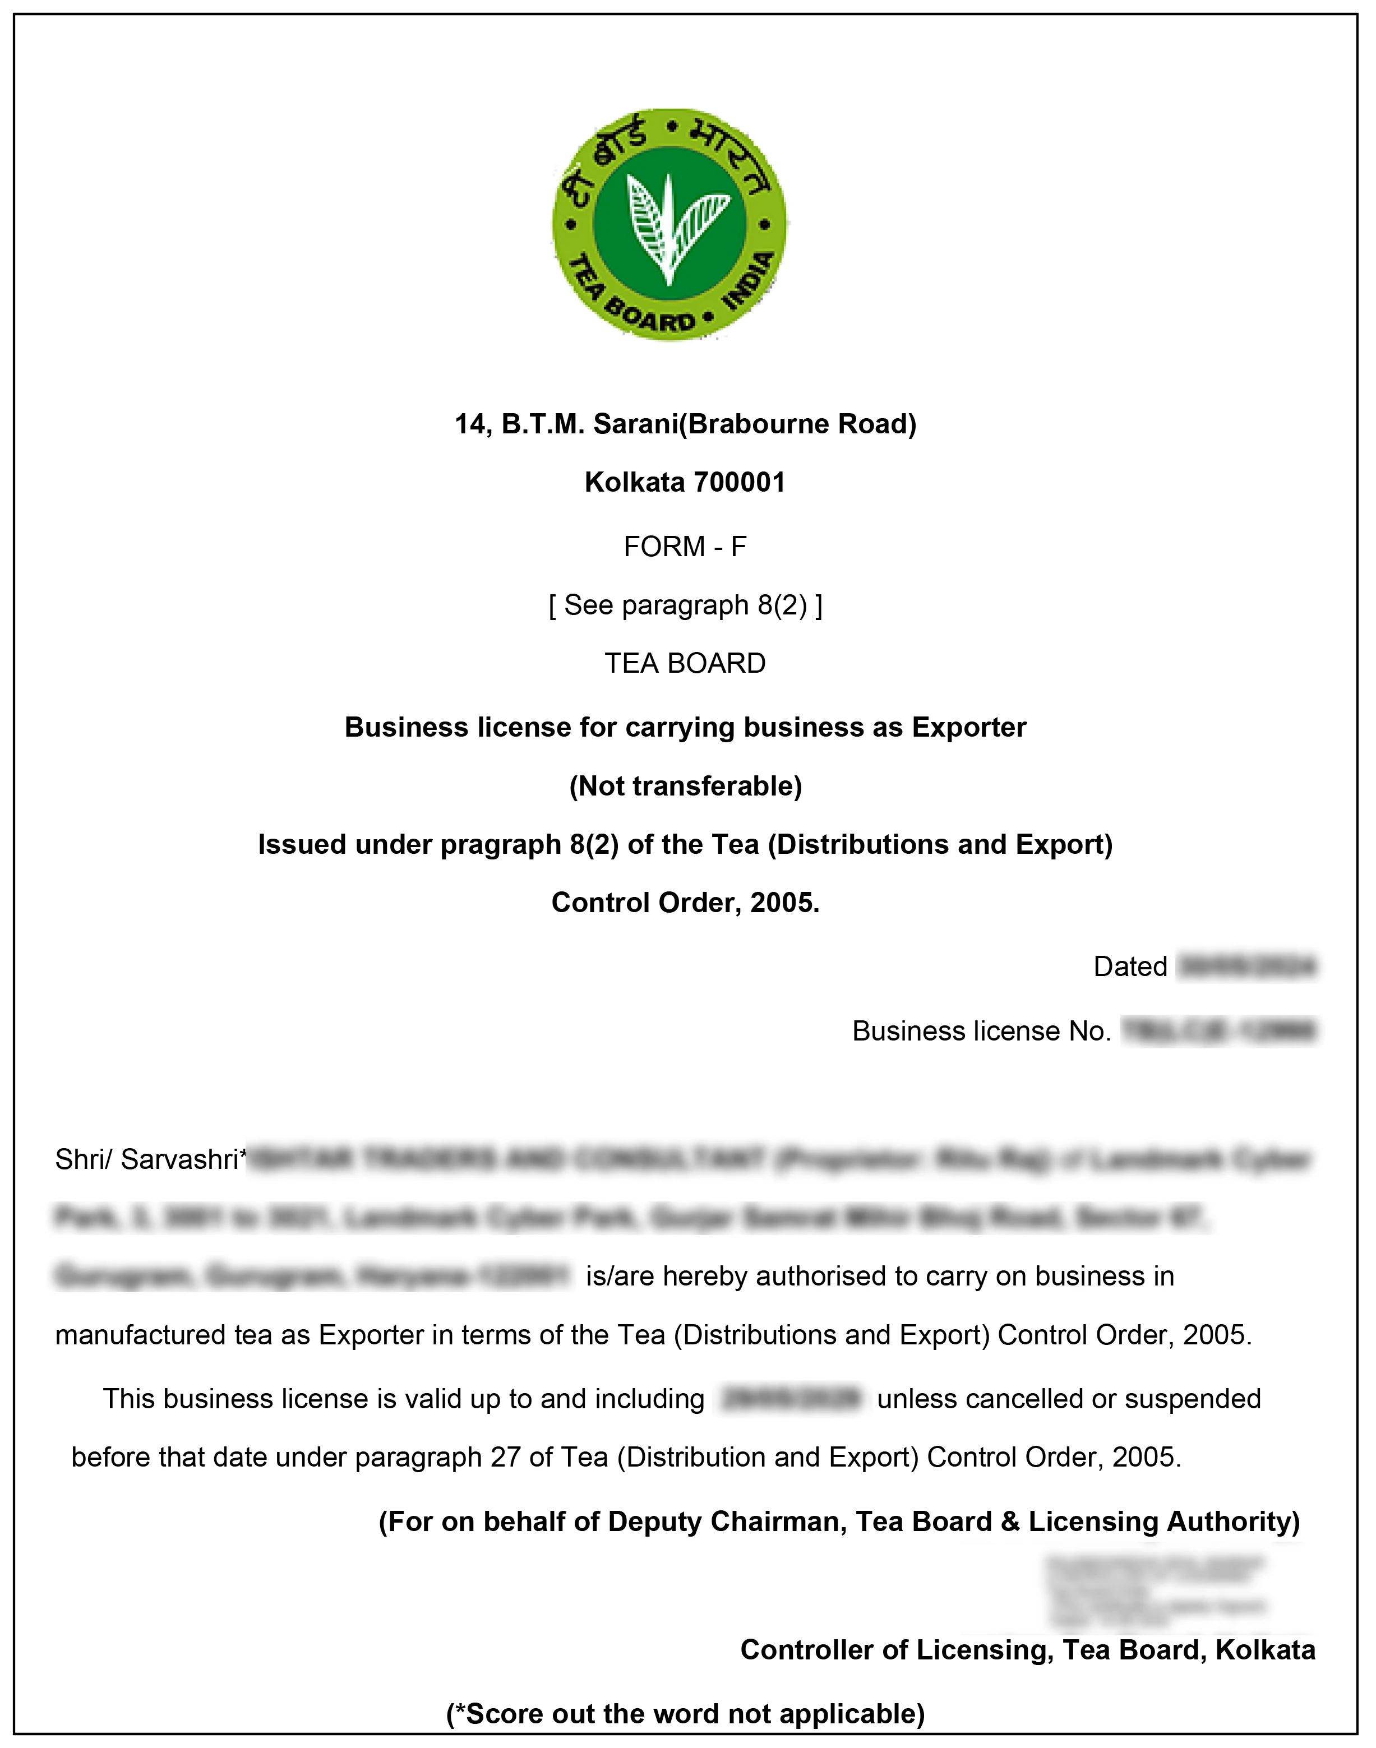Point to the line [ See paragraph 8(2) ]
(x=685, y=604)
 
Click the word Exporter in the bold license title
(x=968, y=727)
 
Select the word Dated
(x=1129, y=966)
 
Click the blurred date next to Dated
(x=1246, y=966)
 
